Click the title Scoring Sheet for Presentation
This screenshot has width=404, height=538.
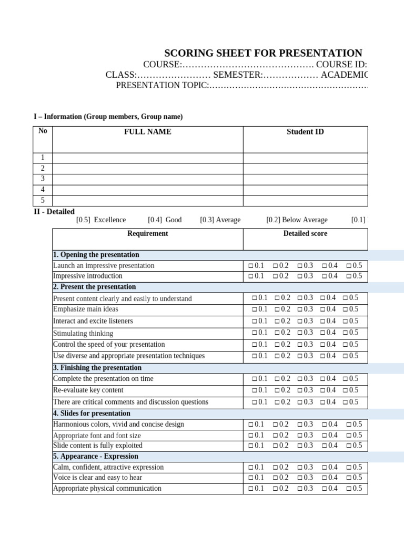point(263,53)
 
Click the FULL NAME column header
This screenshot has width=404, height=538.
point(147,132)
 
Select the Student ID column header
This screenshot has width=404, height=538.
point(305,132)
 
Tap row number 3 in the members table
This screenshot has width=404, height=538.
point(43,179)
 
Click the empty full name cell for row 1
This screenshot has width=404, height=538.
point(147,158)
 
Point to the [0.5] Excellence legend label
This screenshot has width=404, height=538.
point(101,220)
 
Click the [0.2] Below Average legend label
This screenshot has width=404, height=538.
point(297,220)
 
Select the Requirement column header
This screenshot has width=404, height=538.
point(147,234)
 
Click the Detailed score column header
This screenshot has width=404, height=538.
point(305,234)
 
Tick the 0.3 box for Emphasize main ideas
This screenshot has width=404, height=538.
point(300,309)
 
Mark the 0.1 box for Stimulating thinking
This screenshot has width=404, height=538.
point(255,333)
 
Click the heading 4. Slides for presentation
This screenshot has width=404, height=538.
point(92,413)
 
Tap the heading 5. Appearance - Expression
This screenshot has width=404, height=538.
point(95,457)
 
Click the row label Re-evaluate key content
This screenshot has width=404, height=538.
point(88,390)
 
